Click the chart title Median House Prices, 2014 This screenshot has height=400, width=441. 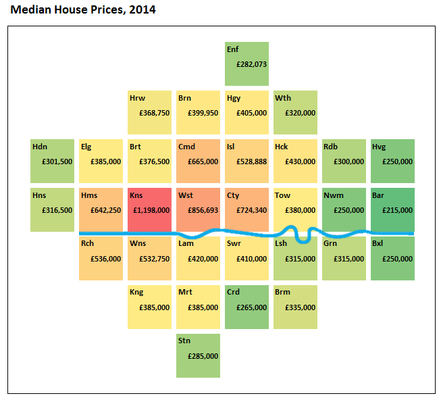(x=83, y=10)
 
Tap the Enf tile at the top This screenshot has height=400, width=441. (x=247, y=64)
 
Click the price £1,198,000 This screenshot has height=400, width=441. (x=151, y=209)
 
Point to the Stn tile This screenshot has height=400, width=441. (x=198, y=355)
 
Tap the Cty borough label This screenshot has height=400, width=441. (x=233, y=195)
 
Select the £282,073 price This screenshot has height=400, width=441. (x=251, y=64)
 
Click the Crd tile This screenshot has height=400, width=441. (x=247, y=307)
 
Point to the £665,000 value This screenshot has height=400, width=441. (x=203, y=161)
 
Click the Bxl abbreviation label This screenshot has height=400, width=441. (x=378, y=243)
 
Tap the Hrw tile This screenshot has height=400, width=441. (x=149, y=112)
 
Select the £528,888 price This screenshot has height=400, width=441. (x=251, y=161)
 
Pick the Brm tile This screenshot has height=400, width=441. (x=295, y=307)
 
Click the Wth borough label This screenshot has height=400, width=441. (x=282, y=98)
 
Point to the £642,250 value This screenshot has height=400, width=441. (x=105, y=210)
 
